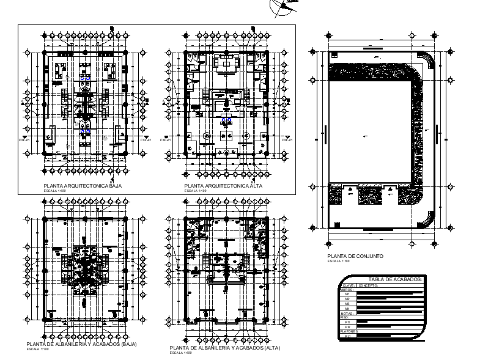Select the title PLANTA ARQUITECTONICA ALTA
click(x=219, y=185)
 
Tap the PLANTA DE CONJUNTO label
click(x=355, y=256)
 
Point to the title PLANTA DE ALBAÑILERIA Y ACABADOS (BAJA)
click(x=82, y=345)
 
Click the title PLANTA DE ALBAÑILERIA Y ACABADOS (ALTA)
click(x=225, y=348)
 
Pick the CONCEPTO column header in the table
click(x=368, y=285)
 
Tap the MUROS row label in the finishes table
click(x=347, y=290)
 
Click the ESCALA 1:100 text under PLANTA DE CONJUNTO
click(x=338, y=261)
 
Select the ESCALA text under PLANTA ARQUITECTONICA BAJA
click(x=54, y=191)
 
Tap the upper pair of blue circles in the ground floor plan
click(x=86, y=79)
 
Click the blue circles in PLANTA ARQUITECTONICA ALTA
click(x=226, y=119)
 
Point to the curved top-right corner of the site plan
click(x=428, y=61)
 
